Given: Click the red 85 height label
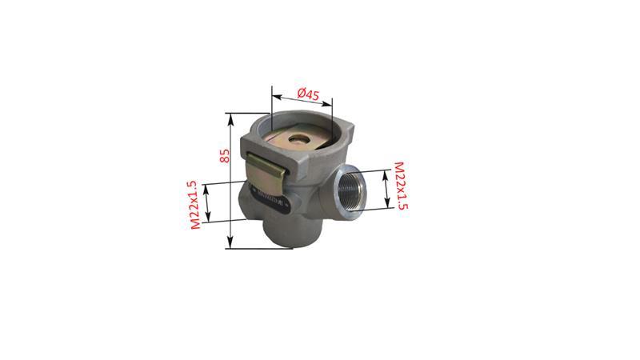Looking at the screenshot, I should (225, 154).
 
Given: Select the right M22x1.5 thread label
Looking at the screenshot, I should (401, 186).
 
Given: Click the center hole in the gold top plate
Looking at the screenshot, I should (299, 142).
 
